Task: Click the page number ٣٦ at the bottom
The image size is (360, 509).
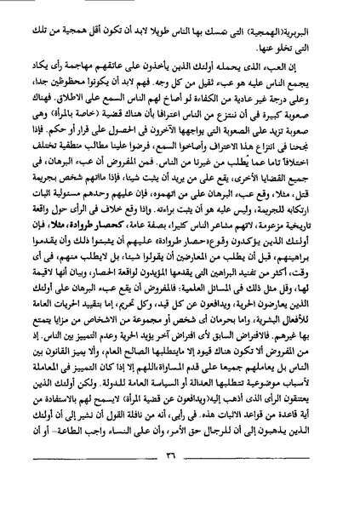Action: tap(180, 482)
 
